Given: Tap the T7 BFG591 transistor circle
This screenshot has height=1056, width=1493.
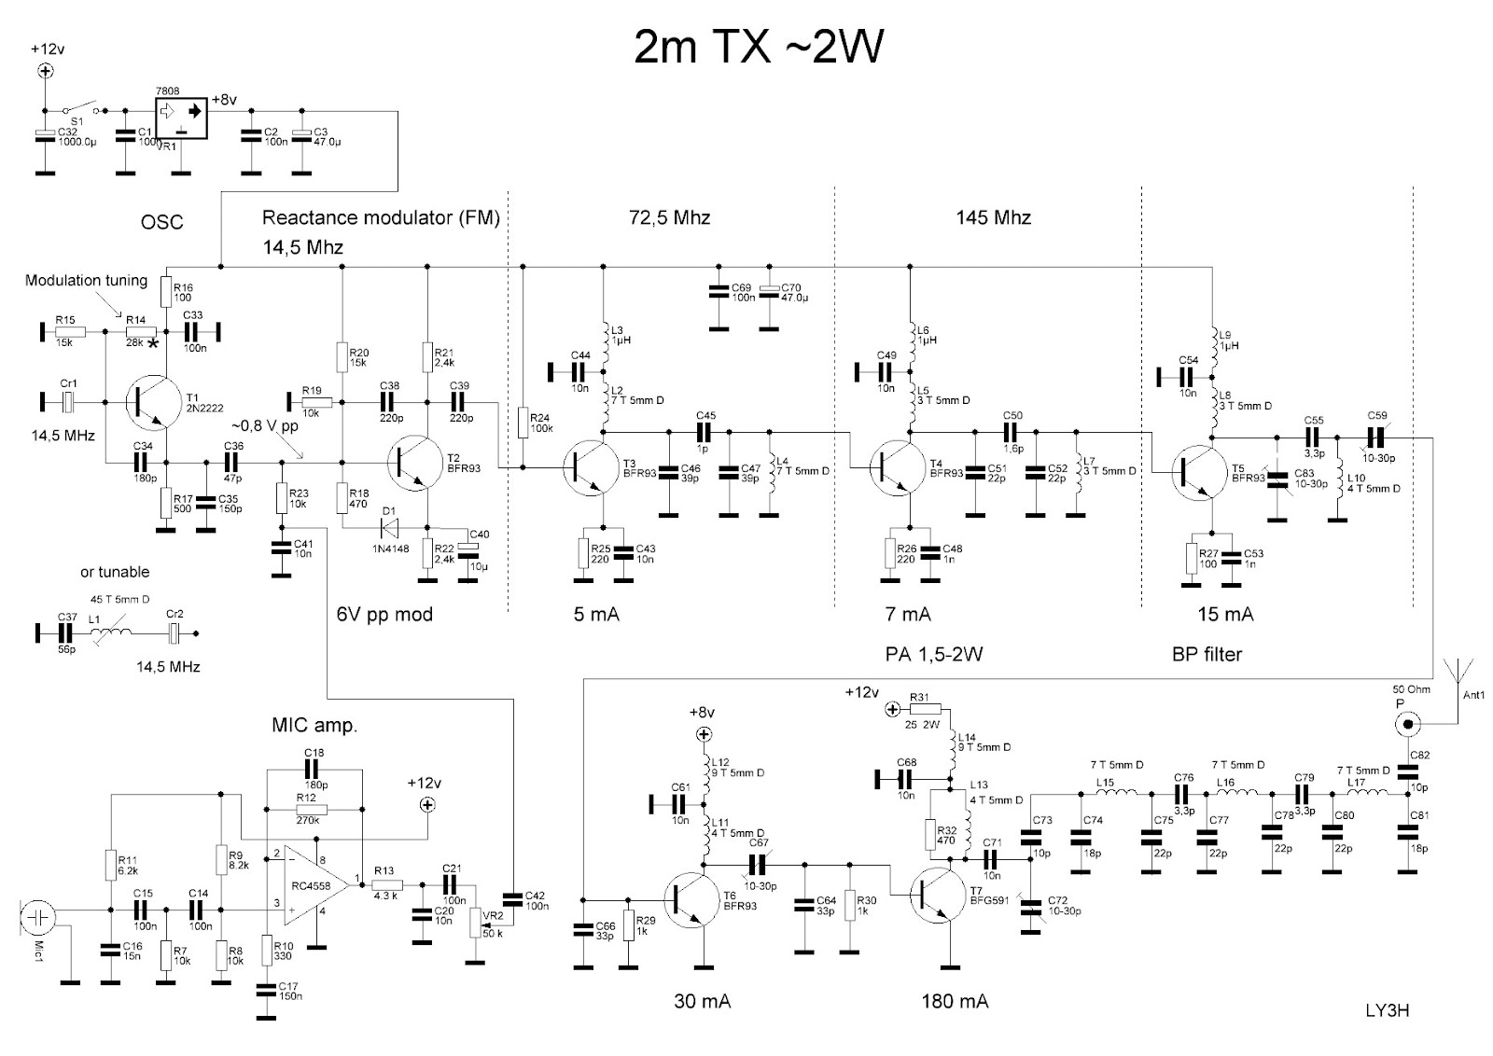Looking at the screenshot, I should tap(941, 896).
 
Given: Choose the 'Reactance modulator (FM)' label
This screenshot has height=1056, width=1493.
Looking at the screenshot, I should tap(381, 218).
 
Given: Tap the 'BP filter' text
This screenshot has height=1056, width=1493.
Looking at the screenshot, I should tap(1207, 654).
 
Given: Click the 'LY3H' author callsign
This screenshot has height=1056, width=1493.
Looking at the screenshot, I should tap(1386, 1010).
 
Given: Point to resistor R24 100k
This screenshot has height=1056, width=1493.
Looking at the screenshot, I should tap(523, 422).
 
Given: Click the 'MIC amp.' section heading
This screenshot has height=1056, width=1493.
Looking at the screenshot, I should tap(314, 725).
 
